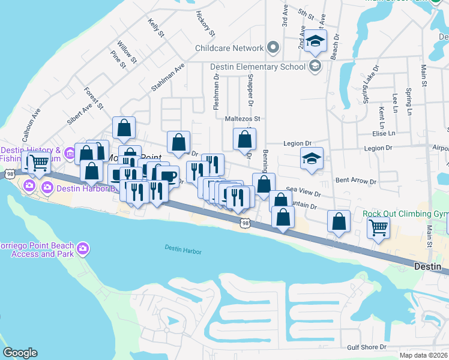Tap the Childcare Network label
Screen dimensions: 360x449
pyautogui.click(x=229, y=48)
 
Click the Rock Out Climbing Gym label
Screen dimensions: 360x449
pyautogui.click(x=405, y=214)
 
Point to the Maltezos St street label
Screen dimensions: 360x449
pyautogui.click(x=243, y=119)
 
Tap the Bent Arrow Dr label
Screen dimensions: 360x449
pyautogui.click(x=356, y=180)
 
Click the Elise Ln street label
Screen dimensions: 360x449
pyautogui.click(x=384, y=133)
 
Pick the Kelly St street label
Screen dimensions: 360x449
pyautogui.click(x=155, y=27)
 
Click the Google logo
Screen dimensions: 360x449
pyautogui.click(x=20, y=353)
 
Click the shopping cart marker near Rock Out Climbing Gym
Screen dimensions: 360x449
pyautogui.click(x=378, y=227)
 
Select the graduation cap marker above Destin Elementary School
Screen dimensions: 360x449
pyautogui.click(x=314, y=41)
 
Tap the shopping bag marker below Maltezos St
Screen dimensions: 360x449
pyautogui.click(x=244, y=139)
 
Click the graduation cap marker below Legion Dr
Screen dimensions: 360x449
pyautogui.click(x=312, y=159)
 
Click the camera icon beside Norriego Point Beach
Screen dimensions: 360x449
pyautogui.click(x=83, y=248)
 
